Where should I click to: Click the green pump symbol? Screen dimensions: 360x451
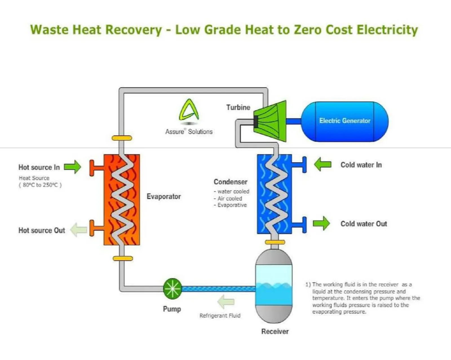click(x=173, y=288)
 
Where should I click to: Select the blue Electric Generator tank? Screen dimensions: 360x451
click(x=344, y=121)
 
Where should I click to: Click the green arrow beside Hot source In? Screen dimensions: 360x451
click(x=72, y=167)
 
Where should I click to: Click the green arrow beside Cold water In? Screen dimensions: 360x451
click(x=322, y=164)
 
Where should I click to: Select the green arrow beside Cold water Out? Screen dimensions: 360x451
click(x=321, y=223)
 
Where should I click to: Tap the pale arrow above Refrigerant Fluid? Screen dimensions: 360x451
click(x=226, y=302)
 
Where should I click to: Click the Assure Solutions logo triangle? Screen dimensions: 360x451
click(x=189, y=111)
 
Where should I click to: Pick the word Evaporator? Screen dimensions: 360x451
click(x=163, y=196)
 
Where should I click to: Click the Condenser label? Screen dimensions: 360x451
click(x=230, y=182)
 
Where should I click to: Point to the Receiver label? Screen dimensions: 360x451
click(x=275, y=331)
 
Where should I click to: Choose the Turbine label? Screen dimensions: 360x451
click(x=238, y=107)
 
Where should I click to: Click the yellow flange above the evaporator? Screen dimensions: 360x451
click(x=122, y=138)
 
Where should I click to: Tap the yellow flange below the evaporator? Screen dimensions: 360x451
click(x=123, y=258)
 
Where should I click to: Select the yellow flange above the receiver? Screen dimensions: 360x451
click(x=275, y=242)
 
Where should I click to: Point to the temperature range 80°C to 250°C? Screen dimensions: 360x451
click(x=40, y=185)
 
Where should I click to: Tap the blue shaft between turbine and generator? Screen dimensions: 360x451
click(x=293, y=121)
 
